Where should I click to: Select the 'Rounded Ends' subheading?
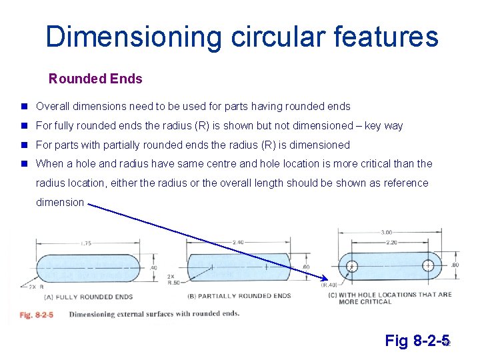95,79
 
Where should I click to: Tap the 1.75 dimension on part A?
85,243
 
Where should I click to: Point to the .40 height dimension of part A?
153,267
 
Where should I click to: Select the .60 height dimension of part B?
306,267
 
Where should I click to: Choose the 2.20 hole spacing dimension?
391,243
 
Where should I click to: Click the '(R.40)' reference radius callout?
329,285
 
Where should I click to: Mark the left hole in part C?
353,267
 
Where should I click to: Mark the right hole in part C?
428,266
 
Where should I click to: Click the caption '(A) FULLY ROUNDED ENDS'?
88,297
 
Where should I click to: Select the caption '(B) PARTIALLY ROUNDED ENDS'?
239,296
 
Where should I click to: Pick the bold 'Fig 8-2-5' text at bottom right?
417,341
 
